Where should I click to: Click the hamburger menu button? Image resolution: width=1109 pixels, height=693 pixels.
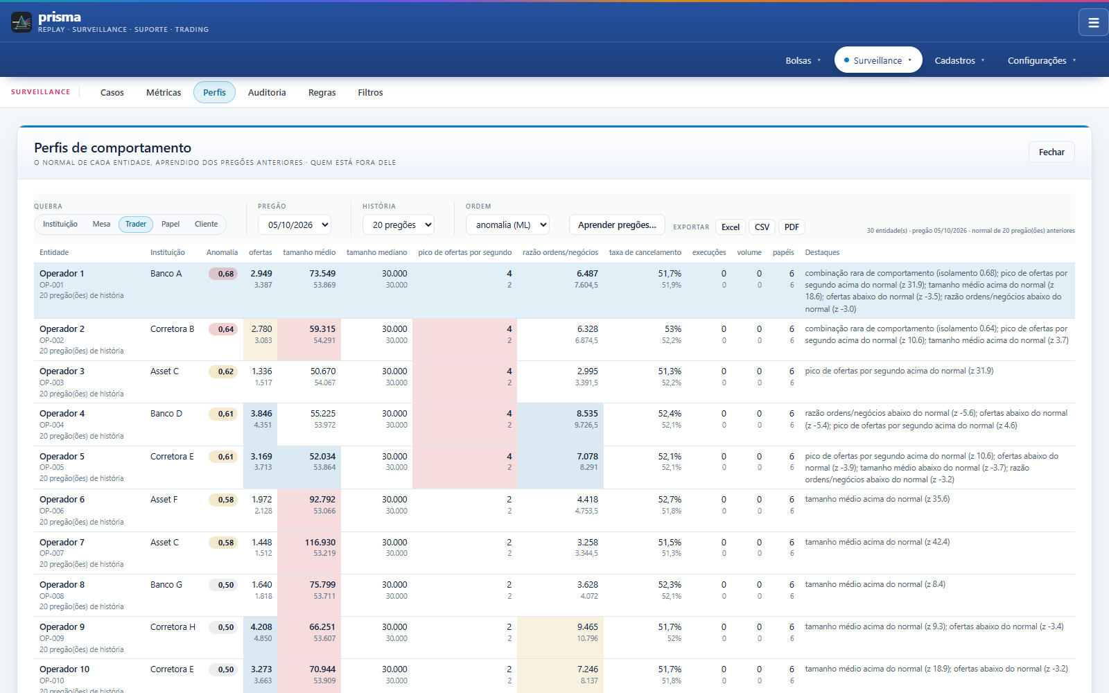coord(1093,22)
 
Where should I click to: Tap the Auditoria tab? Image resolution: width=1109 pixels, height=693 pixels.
coord(267,93)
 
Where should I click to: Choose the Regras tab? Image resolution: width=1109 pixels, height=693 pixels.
coord(322,93)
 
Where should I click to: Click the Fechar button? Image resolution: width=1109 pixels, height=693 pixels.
coord(1051,152)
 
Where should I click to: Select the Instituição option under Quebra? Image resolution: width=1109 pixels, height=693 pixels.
coord(60,225)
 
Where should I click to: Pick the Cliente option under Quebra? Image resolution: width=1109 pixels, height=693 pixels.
coord(206,225)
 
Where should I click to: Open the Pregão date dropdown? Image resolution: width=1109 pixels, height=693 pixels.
coord(295,225)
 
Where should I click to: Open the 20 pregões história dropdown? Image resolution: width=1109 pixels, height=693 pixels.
coord(399,225)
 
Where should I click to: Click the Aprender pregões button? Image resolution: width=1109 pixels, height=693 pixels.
coord(617,225)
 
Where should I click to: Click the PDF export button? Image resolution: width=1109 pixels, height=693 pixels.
coord(792,227)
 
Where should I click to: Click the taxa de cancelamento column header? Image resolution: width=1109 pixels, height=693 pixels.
coord(645,252)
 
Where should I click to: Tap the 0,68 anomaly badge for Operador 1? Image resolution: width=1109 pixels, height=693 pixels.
coord(223,274)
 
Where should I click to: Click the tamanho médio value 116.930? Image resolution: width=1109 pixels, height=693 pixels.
coord(320,543)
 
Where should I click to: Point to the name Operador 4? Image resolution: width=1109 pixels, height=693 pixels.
coord(62,413)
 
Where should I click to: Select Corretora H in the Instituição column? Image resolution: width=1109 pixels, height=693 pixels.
coord(173,627)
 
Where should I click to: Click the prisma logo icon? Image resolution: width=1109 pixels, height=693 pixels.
coord(21,22)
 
